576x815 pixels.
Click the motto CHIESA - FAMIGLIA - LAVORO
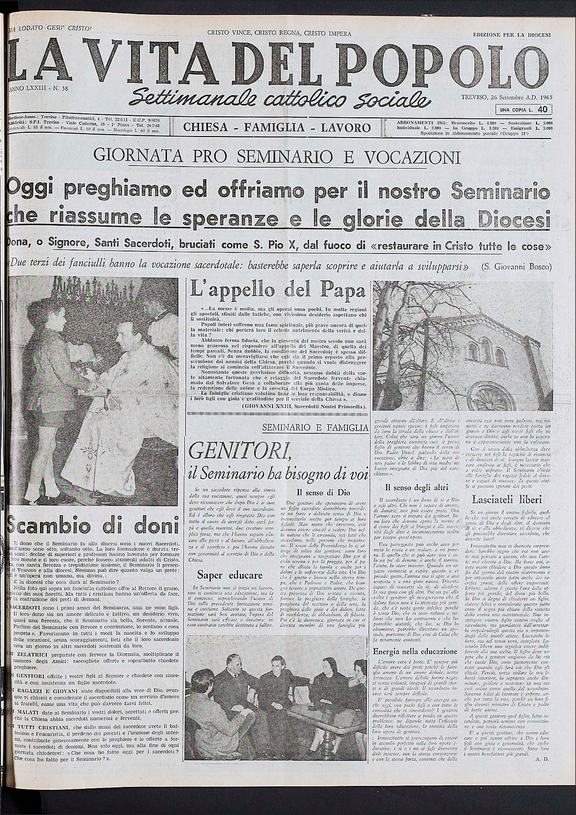pos(277,128)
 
